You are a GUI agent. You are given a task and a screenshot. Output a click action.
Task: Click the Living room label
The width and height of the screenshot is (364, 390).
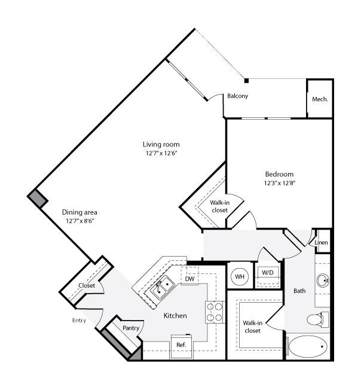161,144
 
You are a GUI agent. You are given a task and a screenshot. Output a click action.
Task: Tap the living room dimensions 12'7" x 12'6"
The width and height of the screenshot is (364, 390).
161,153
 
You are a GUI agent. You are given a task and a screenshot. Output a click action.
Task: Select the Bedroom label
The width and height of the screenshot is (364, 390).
279,174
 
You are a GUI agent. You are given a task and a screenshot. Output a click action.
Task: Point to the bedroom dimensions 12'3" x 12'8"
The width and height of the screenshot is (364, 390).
280,183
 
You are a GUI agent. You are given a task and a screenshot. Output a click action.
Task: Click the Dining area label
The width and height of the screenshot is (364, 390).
79,212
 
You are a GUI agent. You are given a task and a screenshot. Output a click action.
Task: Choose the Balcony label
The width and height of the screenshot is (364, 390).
237,96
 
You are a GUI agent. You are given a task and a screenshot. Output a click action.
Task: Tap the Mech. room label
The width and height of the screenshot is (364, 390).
320,99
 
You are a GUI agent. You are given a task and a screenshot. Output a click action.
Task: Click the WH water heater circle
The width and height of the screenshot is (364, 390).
240,276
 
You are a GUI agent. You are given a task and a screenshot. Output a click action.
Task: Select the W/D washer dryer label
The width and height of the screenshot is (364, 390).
268,272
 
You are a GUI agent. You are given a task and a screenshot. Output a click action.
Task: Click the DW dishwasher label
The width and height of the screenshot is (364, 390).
189,279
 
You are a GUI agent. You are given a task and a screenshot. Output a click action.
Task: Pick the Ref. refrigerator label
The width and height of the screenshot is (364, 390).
181,345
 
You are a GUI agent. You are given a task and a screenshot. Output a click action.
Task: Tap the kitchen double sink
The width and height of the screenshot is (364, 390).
162,287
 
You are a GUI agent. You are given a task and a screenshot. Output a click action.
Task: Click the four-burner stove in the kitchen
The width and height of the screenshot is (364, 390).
215,312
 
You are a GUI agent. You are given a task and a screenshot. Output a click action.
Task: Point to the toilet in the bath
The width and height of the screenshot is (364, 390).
318,319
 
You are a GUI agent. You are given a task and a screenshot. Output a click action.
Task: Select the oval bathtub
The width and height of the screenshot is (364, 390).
308,346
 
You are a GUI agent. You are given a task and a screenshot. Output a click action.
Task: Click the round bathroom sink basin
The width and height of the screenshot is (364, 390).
323,281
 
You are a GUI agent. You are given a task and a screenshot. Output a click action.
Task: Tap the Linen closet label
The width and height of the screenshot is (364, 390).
321,242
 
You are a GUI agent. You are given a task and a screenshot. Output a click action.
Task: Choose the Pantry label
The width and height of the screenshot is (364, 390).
131,328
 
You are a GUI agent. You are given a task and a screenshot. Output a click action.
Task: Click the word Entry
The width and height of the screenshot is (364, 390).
79,321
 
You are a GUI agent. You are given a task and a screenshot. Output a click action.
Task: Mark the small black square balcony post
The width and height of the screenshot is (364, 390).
246,81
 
